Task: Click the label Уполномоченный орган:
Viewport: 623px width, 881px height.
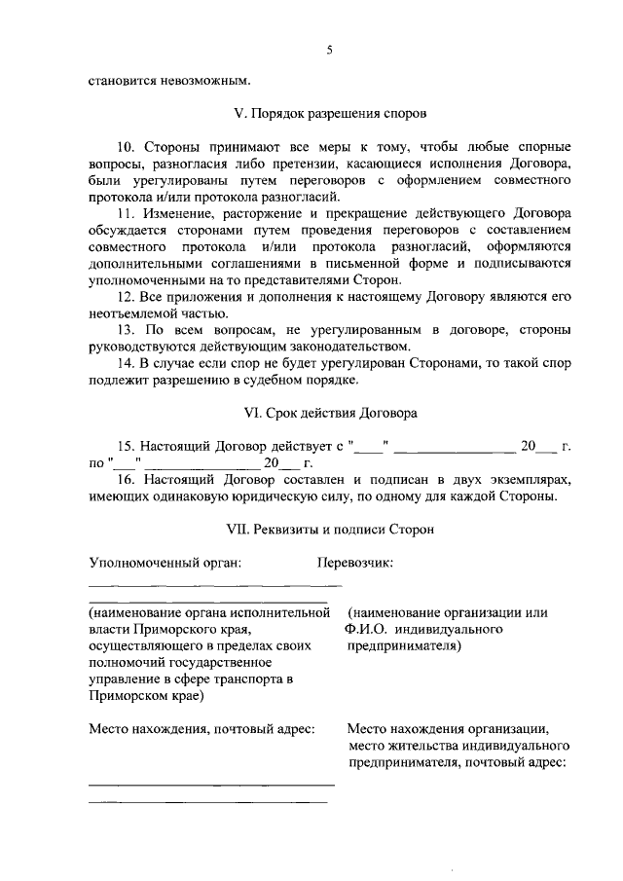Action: (x=165, y=563)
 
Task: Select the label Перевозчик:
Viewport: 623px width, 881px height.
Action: (x=355, y=563)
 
